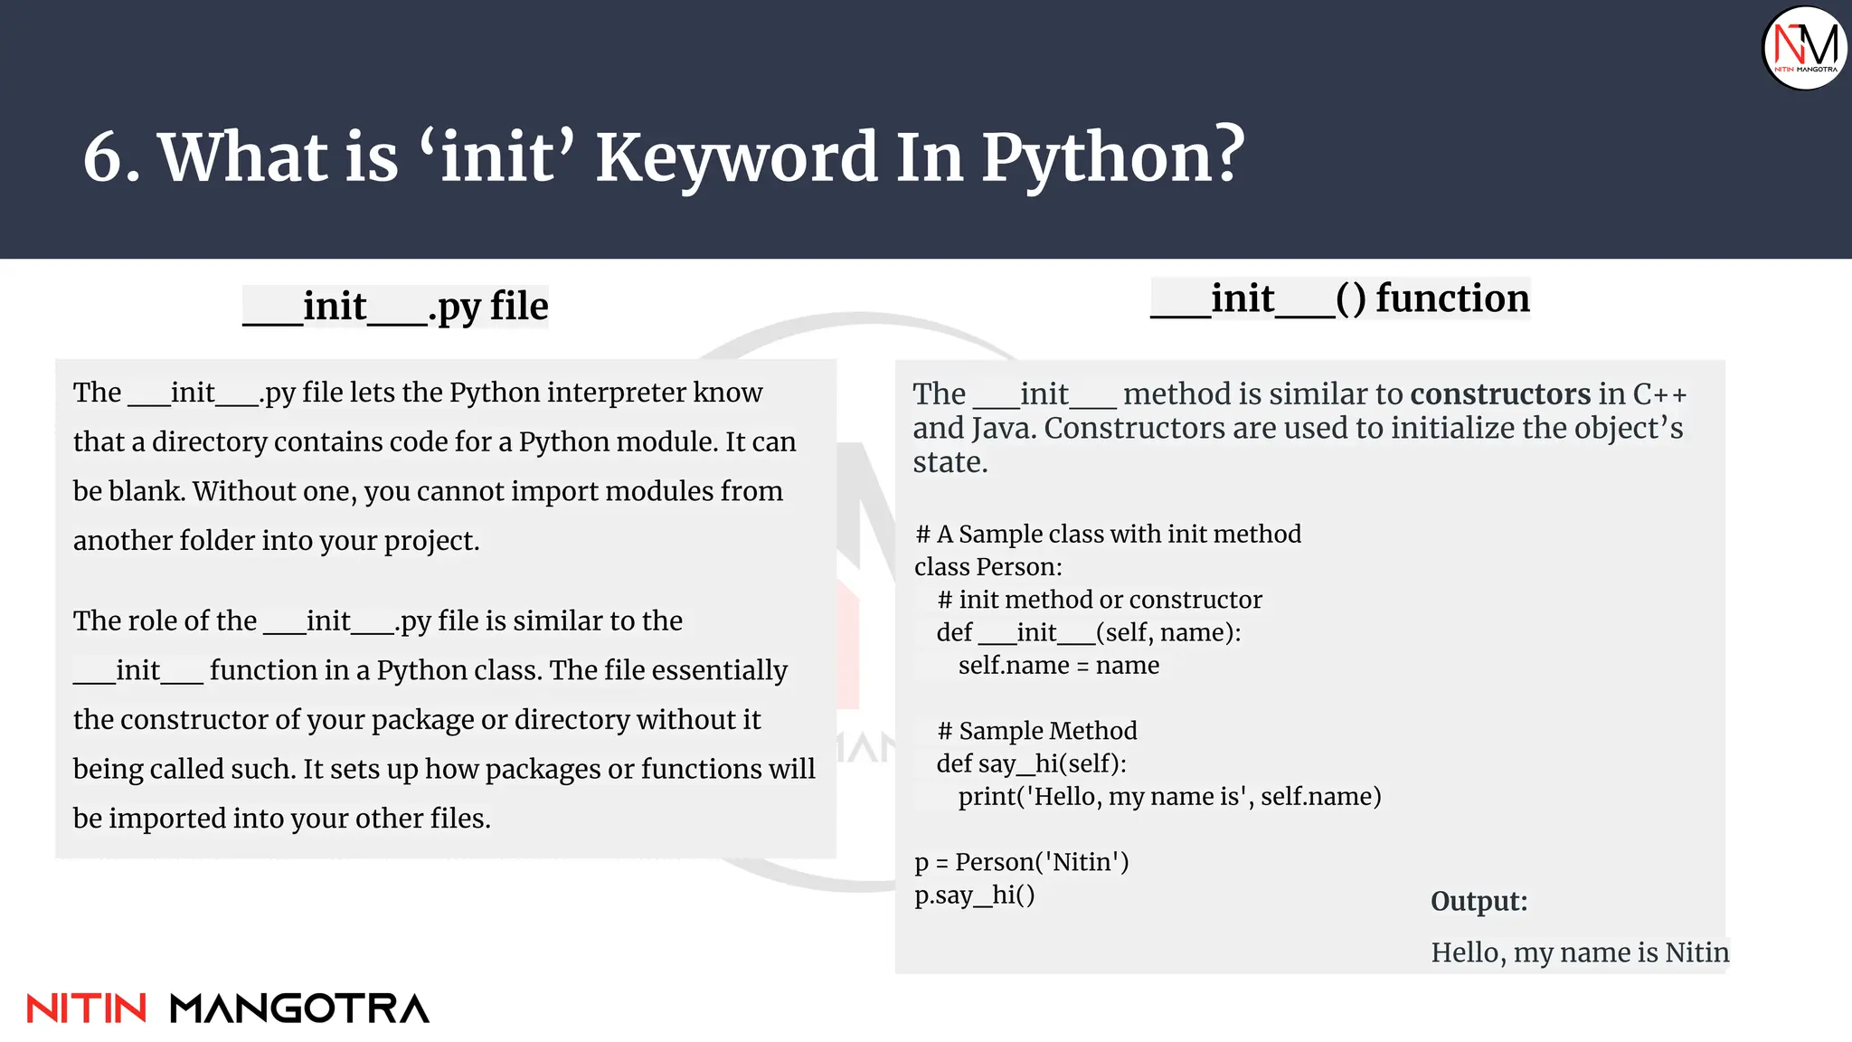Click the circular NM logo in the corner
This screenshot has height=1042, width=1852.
(1804, 47)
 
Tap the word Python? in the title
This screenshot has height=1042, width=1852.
(1113, 158)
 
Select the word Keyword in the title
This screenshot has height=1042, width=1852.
(736, 158)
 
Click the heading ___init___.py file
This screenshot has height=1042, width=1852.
(396, 307)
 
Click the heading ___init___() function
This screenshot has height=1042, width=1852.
(1339, 298)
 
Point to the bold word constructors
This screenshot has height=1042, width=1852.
(1499, 394)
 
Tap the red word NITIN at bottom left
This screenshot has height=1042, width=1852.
(86, 1009)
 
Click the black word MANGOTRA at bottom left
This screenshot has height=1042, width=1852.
(299, 1009)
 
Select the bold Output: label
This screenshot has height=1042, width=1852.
(1479, 901)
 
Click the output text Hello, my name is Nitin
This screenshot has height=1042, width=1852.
(1579, 952)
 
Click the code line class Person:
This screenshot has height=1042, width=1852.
(987, 567)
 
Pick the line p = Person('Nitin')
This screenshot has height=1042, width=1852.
(1021, 862)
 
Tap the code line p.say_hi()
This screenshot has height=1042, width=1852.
(974, 895)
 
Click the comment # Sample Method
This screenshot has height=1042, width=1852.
(1036, 731)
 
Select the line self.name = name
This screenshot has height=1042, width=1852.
(1058, 666)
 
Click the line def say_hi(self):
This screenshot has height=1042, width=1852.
(1031, 764)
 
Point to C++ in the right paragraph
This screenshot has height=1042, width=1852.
(1659, 394)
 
